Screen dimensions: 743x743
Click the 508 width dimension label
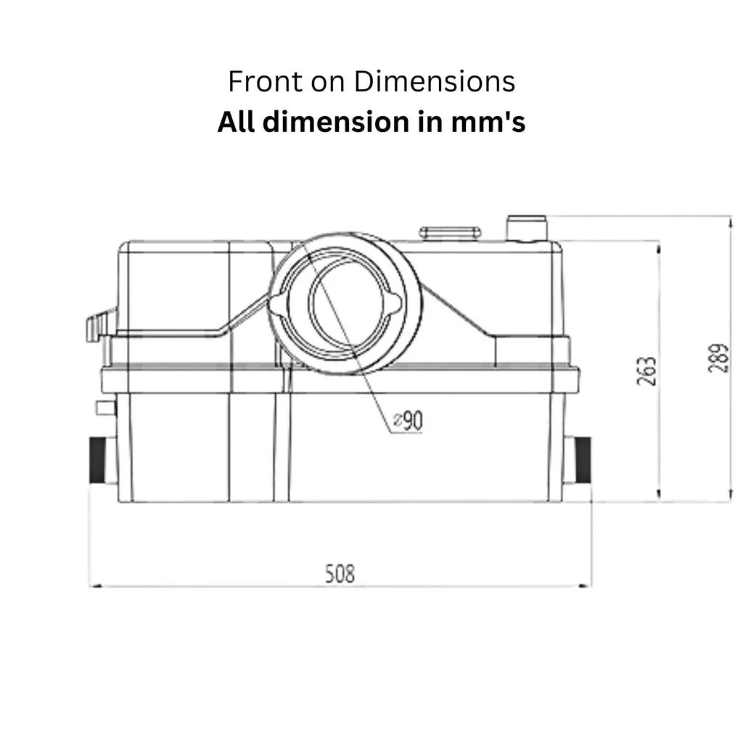pos(340,573)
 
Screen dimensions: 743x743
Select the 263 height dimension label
pos(646,371)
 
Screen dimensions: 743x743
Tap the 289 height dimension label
pos(718,358)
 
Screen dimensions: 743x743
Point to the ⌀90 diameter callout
pos(408,421)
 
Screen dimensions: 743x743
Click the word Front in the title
pos(266,81)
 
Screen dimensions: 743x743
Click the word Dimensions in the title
pos(435,81)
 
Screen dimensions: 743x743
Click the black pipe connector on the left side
pos(98,460)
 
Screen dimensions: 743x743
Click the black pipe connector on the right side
pos(583,460)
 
